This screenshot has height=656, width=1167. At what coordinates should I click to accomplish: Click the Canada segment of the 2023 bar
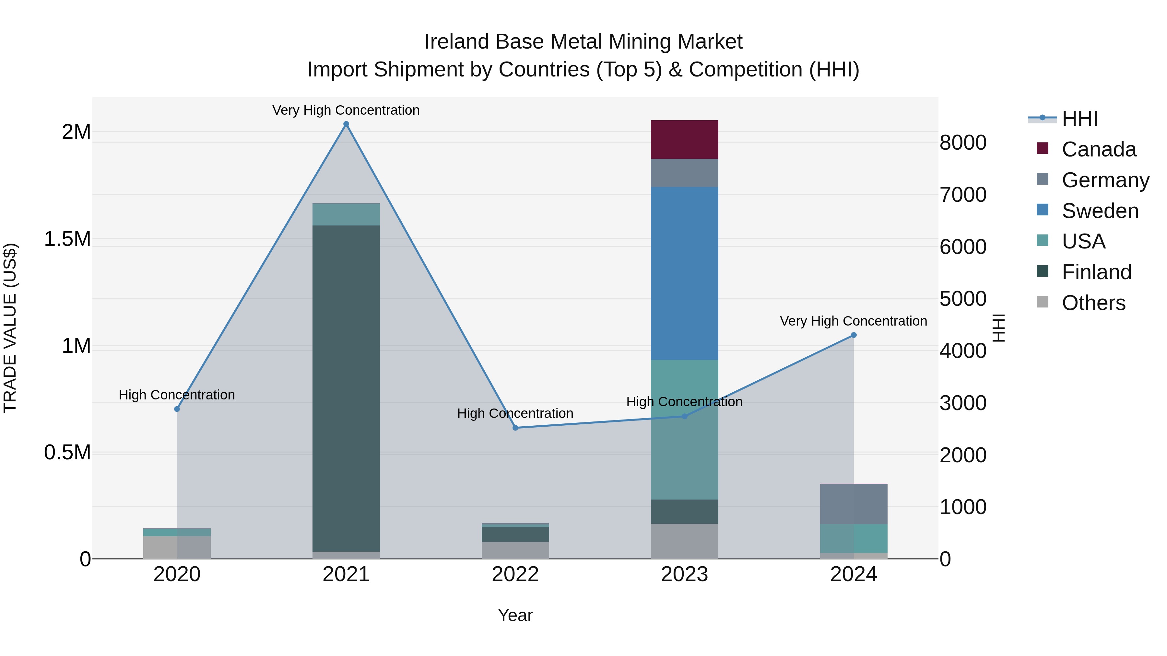click(x=684, y=139)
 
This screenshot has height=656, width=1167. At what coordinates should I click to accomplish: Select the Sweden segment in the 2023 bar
click(x=684, y=273)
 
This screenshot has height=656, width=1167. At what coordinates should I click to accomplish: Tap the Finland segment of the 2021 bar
click(x=346, y=388)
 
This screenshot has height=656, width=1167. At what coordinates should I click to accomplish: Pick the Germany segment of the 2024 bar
click(x=854, y=504)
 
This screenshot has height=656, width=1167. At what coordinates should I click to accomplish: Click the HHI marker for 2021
click(x=346, y=124)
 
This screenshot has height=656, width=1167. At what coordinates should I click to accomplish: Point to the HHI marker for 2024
click(x=854, y=335)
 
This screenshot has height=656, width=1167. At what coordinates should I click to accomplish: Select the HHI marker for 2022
click(x=515, y=428)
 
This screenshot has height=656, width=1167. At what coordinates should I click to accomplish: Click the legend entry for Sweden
click(x=1100, y=211)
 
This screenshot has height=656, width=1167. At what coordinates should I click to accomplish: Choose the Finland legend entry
click(x=1096, y=272)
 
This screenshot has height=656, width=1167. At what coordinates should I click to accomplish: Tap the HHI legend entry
click(x=1079, y=119)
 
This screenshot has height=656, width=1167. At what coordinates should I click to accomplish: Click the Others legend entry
click(x=1093, y=303)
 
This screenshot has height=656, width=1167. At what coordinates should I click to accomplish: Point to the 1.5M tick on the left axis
click(x=67, y=239)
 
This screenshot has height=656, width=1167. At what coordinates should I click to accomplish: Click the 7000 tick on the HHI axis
click(x=963, y=195)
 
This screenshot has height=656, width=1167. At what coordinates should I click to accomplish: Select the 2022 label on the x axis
click(x=515, y=574)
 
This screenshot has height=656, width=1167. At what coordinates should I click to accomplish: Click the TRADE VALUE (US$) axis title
click(x=10, y=328)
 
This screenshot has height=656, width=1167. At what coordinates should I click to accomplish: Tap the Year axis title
click(x=515, y=615)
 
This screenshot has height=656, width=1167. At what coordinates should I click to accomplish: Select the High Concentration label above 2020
click(x=177, y=395)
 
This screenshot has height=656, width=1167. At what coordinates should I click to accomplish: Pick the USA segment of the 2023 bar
click(x=684, y=429)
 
